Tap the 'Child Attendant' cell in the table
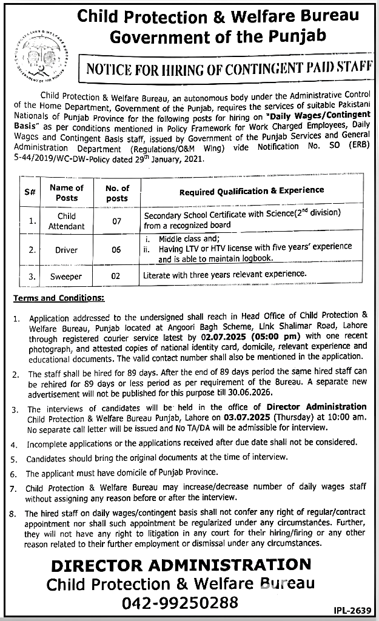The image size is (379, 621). [x=67, y=221]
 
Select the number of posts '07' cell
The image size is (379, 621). [x=116, y=221]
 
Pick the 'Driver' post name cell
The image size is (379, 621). [x=67, y=250]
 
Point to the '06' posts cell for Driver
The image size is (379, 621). [x=116, y=250]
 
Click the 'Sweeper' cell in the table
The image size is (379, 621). [x=67, y=276]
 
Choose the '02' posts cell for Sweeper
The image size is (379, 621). [x=116, y=276]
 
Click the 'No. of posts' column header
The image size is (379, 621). [x=116, y=193]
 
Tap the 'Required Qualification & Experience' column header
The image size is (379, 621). [x=252, y=191]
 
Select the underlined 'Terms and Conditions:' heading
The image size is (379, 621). [x=59, y=298]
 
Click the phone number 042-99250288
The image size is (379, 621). [x=181, y=603]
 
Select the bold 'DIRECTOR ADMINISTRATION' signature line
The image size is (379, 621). [x=181, y=566]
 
